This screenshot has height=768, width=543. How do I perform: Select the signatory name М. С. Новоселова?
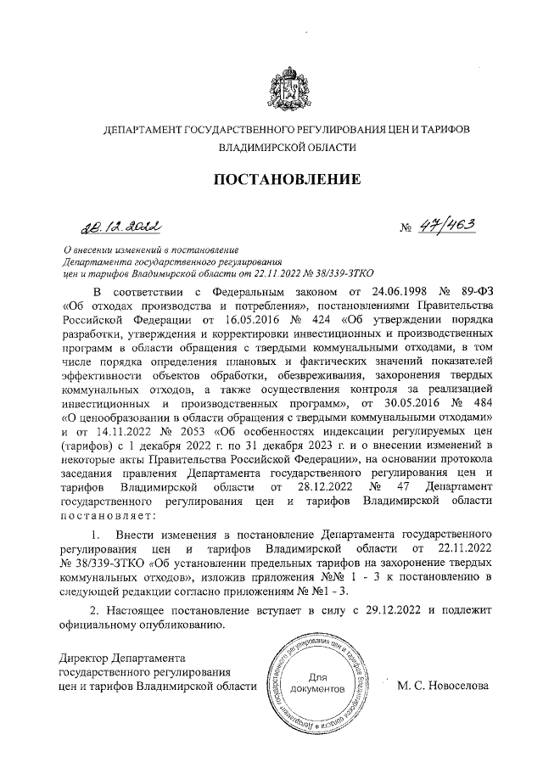442,686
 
